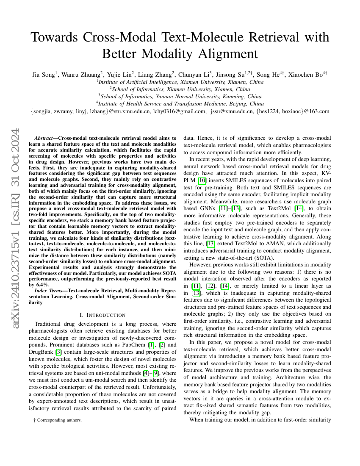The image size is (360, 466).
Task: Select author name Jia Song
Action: coord(44,75)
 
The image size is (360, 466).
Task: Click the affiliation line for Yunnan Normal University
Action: coord(180,97)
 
